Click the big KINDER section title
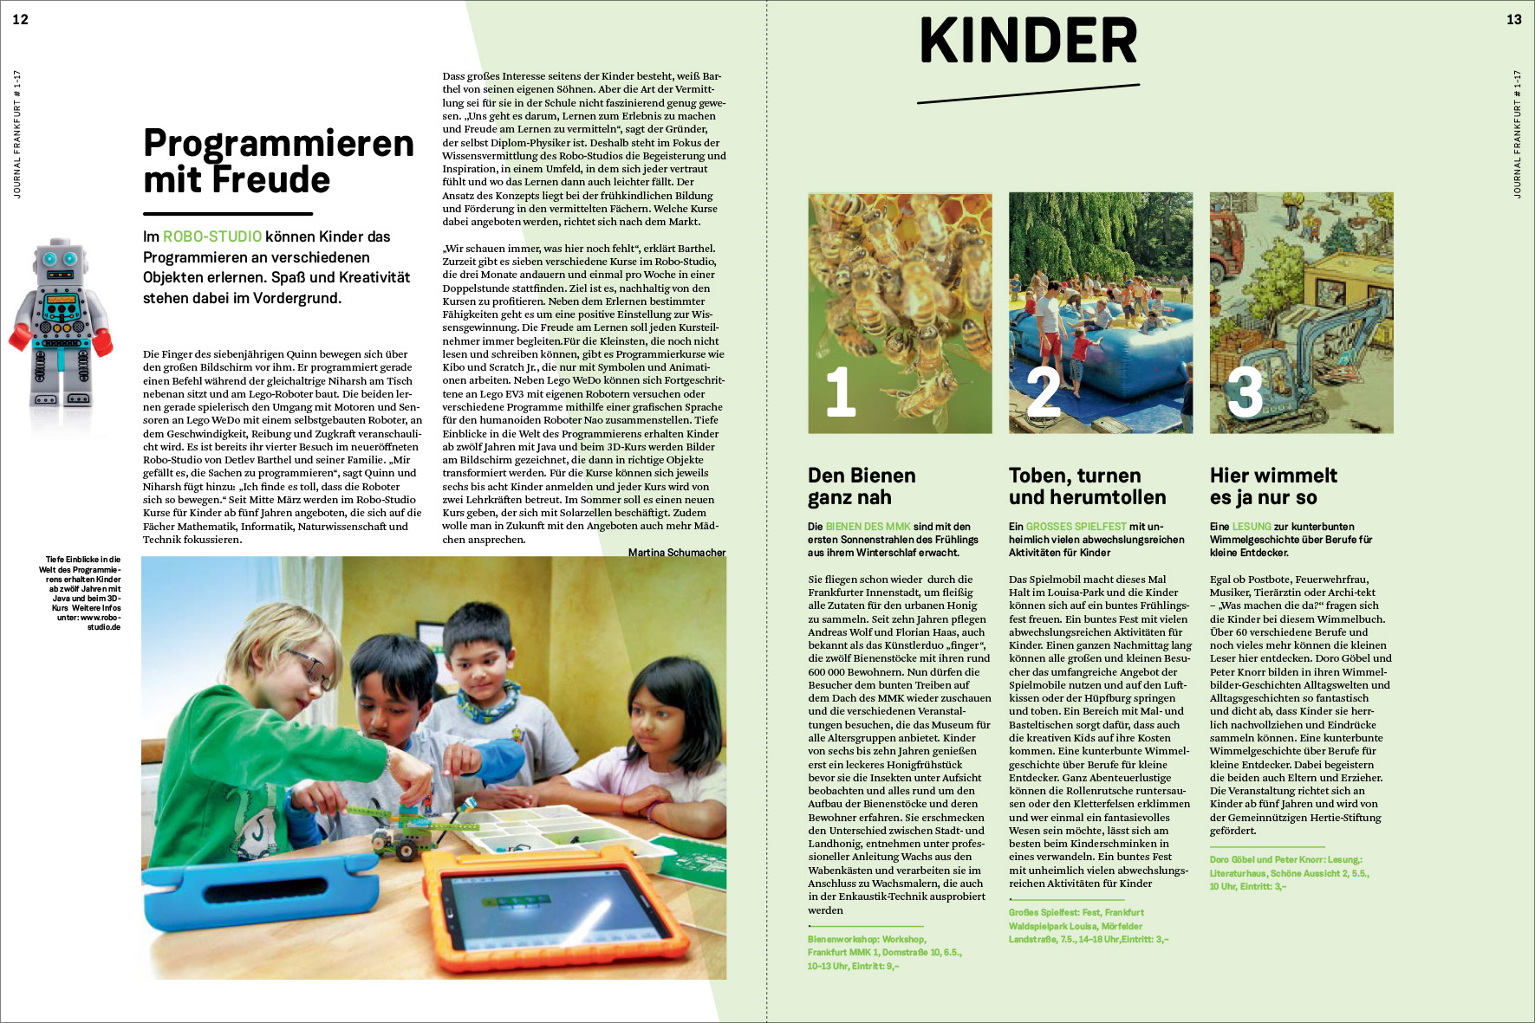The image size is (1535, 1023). coord(1028,42)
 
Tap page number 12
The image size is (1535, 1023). coord(21,19)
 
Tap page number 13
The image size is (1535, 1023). coord(1513,19)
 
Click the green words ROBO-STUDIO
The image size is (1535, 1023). coord(212,236)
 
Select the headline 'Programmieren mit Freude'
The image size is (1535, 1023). coord(277,161)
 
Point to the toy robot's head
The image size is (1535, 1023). coord(60,259)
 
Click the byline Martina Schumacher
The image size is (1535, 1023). coord(676,553)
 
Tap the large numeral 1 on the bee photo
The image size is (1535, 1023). coord(840,392)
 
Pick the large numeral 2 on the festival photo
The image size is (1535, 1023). coord(1043,392)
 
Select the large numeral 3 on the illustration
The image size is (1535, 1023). coord(1244,392)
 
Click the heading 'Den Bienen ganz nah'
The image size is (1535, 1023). coord(862,486)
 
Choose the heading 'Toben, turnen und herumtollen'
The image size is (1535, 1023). coord(1087,486)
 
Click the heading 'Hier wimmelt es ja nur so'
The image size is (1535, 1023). coord(1273,486)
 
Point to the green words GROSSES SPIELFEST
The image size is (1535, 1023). coord(1076,527)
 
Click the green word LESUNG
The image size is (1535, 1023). coord(1252,527)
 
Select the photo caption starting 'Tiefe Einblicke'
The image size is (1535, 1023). coord(83,593)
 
